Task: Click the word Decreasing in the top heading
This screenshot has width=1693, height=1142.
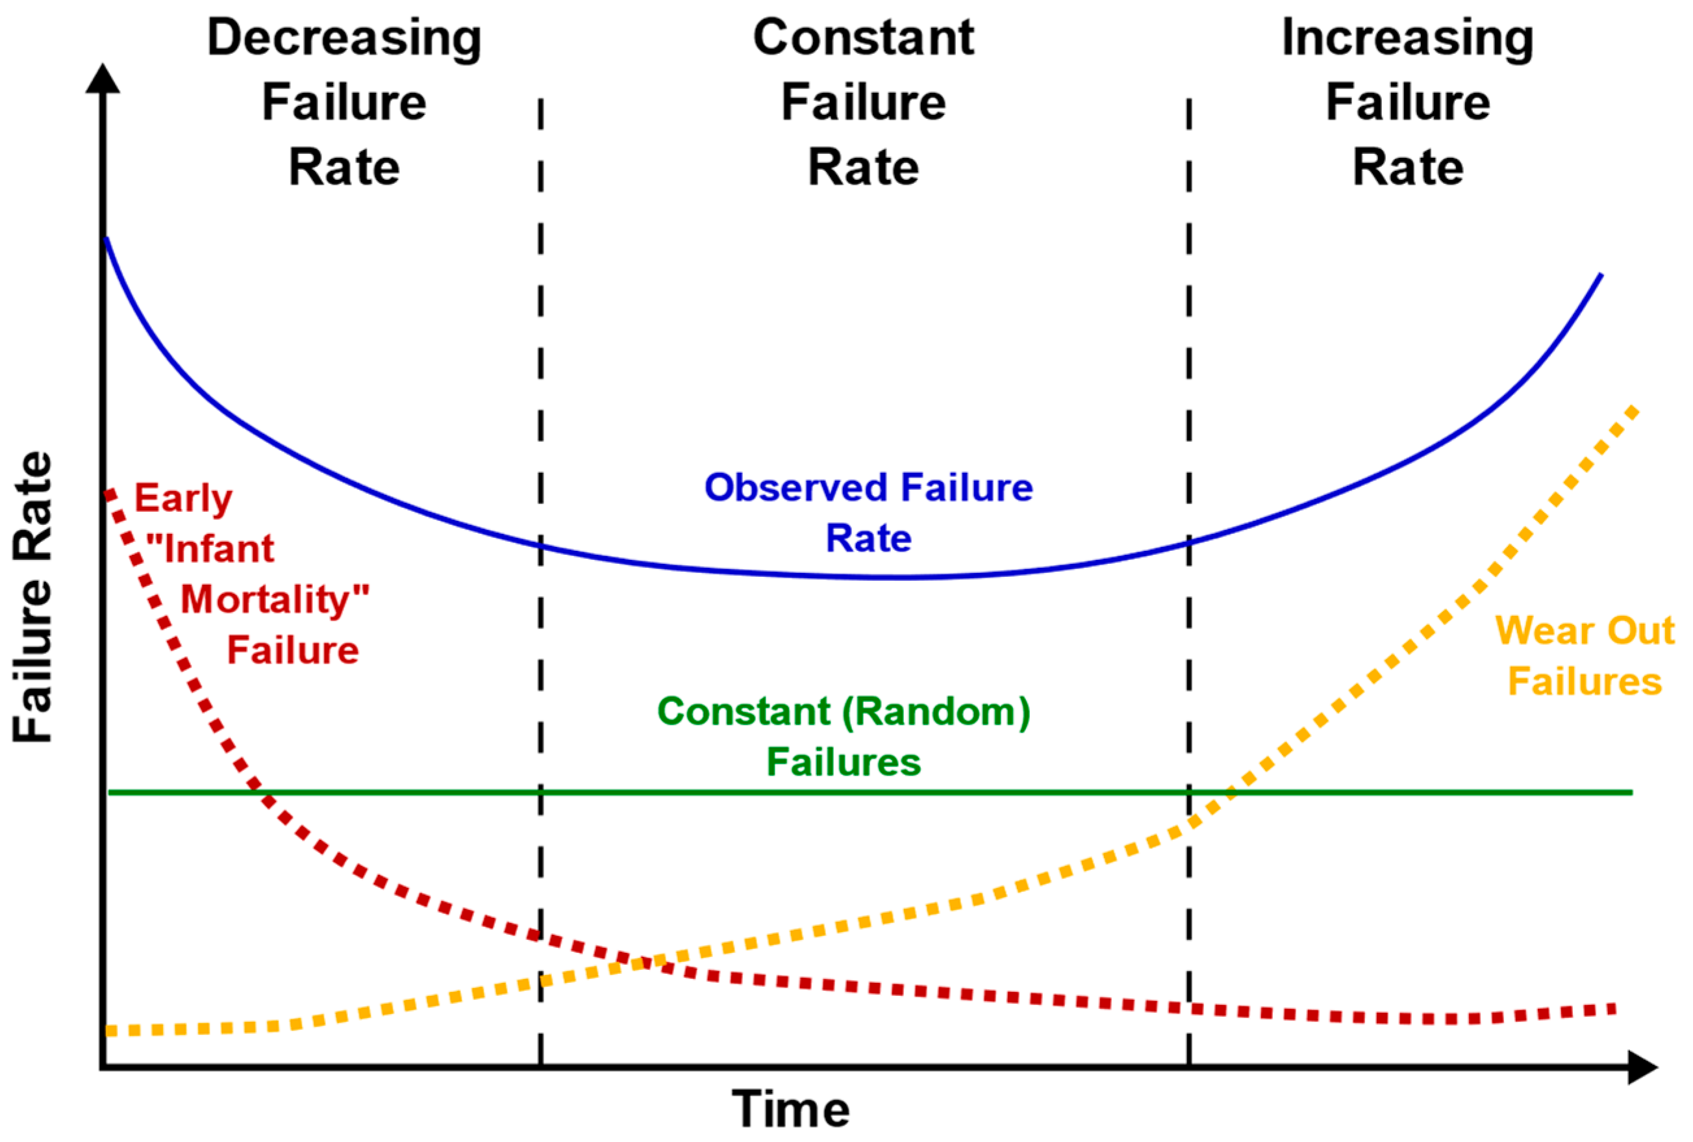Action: click(x=344, y=38)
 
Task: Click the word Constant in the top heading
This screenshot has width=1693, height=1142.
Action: click(x=863, y=38)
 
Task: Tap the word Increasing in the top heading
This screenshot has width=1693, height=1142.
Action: click(x=1407, y=38)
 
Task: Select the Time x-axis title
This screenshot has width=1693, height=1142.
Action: click(x=790, y=1110)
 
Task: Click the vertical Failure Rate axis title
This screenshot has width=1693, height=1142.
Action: click(x=32, y=597)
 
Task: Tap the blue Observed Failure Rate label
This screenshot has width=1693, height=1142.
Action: click(x=868, y=513)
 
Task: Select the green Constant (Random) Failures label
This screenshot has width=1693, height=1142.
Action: click(x=843, y=737)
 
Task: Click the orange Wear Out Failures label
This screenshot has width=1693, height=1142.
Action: click(x=1585, y=655)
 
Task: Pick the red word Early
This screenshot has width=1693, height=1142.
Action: click(x=182, y=499)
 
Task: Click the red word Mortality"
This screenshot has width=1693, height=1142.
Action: click(x=275, y=600)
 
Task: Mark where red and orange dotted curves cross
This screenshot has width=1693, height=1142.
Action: click(x=641, y=963)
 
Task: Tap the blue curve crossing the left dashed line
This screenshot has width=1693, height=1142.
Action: click(x=540, y=545)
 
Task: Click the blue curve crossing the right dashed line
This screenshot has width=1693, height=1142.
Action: click(x=1189, y=542)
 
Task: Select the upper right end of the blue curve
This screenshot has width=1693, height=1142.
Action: click(x=1599, y=276)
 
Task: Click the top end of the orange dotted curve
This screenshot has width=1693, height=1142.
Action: click(x=1633, y=411)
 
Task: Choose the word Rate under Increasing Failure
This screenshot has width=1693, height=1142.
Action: click(x=1407, y=168)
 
